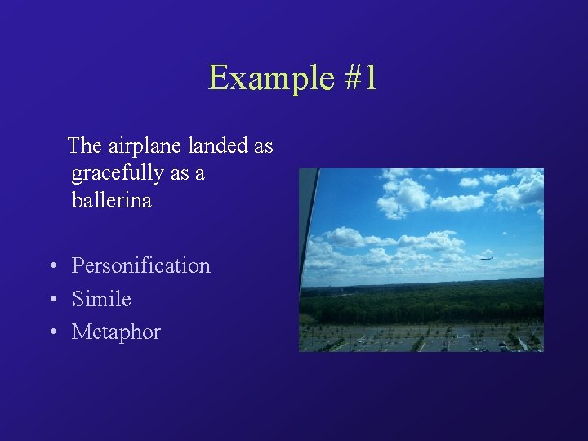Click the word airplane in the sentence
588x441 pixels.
click(x=145, y=146)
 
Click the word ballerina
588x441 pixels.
click(x=112, y=200)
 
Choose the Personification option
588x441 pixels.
click(x=140, y=266)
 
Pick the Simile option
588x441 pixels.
click(x=101, y=299)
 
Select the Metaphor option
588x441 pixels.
click(x=116, y=332)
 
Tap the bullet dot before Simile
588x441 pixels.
click(x=52, y=300)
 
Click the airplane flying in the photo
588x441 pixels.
click(x=487, y=256)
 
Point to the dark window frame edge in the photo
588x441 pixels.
click(x=309, y=220)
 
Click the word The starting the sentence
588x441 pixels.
click(x=84, y=146)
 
